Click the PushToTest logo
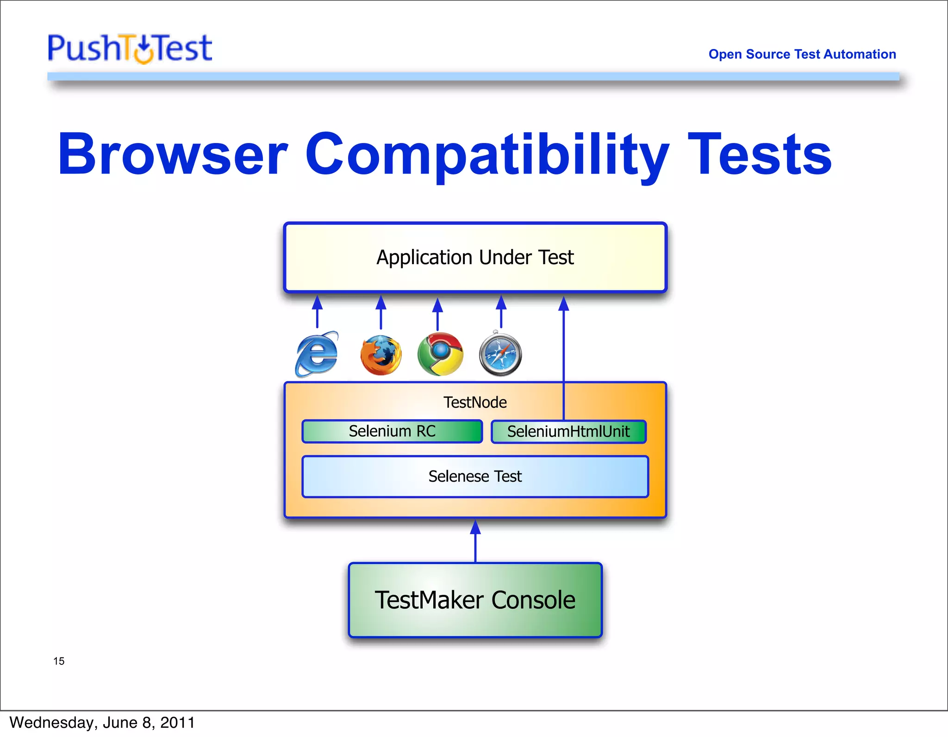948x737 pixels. click(x=130, y=48)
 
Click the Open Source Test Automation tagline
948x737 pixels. click(x=802, y=54)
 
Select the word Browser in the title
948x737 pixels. click(x=173, y=155)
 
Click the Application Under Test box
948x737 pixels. click(x=475, y=257)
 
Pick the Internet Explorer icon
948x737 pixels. click(x=317, y=354)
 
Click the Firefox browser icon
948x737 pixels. click(x=380, y=355)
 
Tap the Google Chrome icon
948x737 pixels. click(x=440, y=354)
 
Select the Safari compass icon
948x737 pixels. click(x=500, y=354)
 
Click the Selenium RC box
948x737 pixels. click(x=392, y=431)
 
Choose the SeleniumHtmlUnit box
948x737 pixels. click(x=568, y=432)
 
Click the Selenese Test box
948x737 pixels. click(x=475, y=477)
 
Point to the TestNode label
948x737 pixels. click(x=475, y=403)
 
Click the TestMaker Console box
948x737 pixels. click(x=475, y=600)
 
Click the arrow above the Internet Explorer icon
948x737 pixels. click(x=317, y=312)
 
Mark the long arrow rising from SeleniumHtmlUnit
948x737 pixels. click(x=563, y=352)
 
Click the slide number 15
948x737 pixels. click(x=59, y=661)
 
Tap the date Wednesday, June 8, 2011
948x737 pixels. click(x=102, y=723)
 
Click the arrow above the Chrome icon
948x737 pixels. click(x=437, y=314)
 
